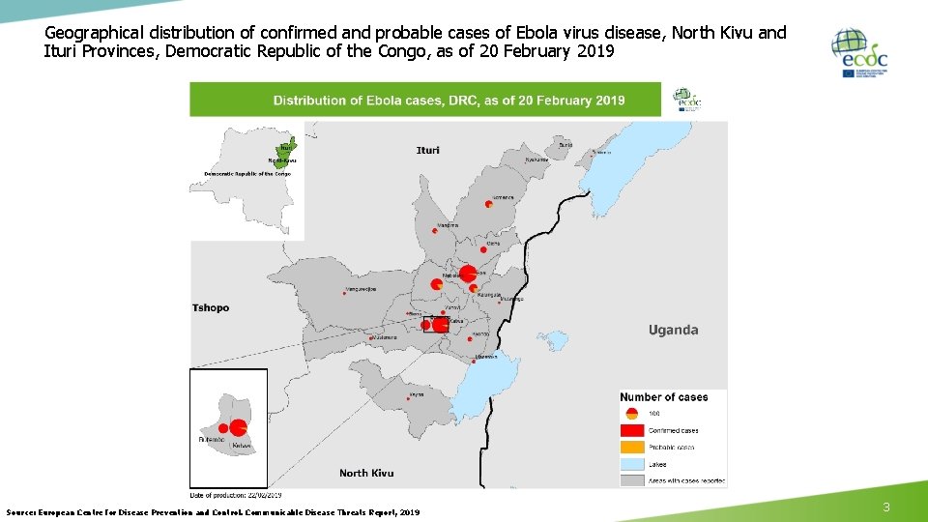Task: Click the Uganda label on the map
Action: [x=673, y=330]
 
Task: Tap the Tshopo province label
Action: [x=211, y=308]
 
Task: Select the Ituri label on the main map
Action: [x=427, y=150]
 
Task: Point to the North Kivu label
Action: [x=366, y=473]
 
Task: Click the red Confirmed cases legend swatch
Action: [x=632, y=430]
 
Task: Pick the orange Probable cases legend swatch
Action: [x=632, y=447]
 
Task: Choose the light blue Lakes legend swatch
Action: [x=632, y=464]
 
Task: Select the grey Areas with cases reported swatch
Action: [x=632, y=479]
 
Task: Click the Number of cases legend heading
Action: [x=664, y=397]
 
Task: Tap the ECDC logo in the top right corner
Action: [x=860, y=53]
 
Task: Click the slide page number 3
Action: [x=885, y=507]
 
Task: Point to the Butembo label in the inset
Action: [x=211, y=440]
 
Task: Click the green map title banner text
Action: [x=449, y=100]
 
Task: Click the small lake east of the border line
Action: [x=554, y=341]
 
